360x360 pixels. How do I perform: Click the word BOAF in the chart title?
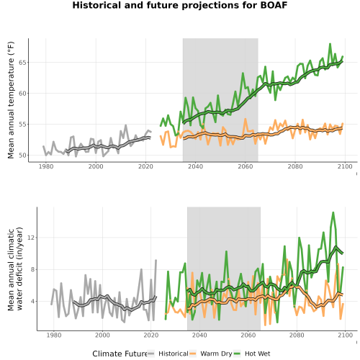[274, 5]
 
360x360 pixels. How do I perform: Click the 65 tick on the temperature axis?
[22, 63]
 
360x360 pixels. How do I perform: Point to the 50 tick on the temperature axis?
[22, 156]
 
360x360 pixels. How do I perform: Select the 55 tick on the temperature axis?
[22, 125]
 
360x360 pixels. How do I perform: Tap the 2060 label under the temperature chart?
[246, 166]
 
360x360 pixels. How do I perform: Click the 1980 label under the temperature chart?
[46, 166]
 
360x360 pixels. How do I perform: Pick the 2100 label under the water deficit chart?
[345, 335]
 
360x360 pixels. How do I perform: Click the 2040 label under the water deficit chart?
[199, 335]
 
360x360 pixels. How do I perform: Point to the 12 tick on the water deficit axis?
[31, 238]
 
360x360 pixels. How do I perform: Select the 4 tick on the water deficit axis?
[33, 301]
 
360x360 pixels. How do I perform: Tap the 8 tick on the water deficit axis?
[33, 269]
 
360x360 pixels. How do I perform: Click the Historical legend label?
[174, 354]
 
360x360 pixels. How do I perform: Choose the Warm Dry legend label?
[216, 354]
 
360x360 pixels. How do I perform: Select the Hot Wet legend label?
[257, 354]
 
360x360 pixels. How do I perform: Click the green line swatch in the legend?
[237, 354]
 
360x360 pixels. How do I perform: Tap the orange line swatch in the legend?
[193, 354]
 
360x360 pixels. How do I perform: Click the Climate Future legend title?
[120, 354]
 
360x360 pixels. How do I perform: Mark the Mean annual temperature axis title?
[11, 100]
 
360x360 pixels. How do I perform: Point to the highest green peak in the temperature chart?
[330, 44]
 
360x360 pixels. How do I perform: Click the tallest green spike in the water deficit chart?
[333, 212]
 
